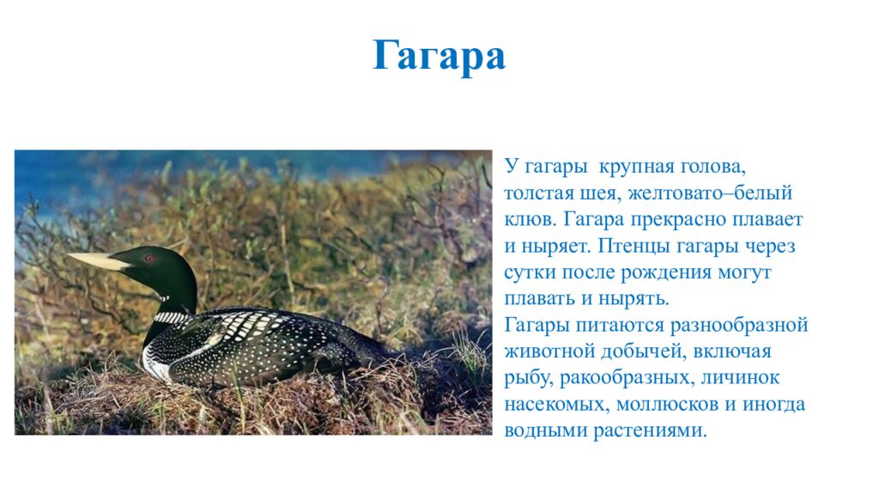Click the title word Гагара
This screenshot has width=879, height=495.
click(x=439, y=57)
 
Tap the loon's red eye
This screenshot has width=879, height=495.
click(x=148, y=258)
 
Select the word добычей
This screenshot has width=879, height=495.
click(x=648, y=352)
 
